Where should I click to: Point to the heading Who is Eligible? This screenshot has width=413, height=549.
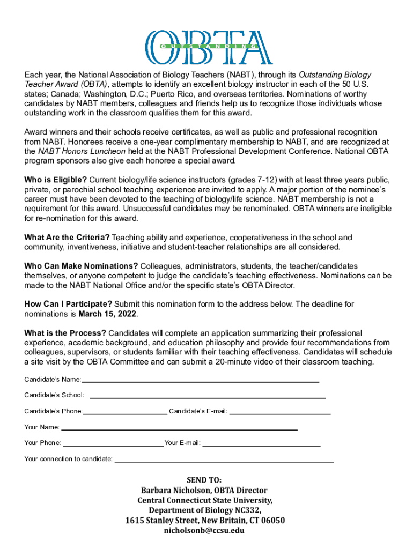click(x=56, y=179)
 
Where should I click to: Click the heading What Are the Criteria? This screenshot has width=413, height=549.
click(x=67, y=237)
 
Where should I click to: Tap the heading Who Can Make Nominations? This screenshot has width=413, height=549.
click(x=81, y=266)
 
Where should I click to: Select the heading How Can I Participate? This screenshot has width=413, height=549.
click(x=68, y=304)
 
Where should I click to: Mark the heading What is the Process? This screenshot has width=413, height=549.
click(x=65, y=333)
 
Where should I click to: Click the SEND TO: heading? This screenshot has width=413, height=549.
click(x=204, y=480)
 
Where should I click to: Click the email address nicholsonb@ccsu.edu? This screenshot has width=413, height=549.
click(x=204, y=530)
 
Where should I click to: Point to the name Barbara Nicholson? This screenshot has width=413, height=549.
click(x=175, y=490)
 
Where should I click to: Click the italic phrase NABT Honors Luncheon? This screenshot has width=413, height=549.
click(x=80, y=151)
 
